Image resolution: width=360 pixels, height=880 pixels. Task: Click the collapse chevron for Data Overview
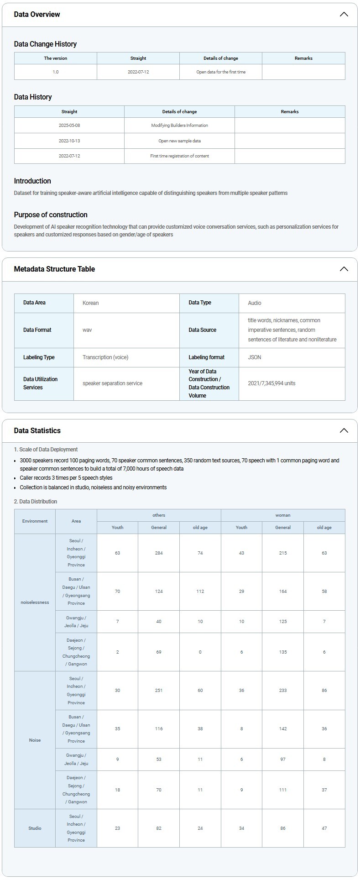point(344,14)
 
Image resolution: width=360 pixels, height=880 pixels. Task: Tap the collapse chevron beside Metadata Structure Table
point(344,269)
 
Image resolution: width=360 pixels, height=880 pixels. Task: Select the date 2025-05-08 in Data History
point(69,126)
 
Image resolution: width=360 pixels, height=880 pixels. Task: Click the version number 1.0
point(56,72)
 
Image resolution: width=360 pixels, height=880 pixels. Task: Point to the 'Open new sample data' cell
point(179,141)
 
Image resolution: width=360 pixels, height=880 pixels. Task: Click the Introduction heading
point(32,181)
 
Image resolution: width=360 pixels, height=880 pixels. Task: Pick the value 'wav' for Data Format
point(87,330)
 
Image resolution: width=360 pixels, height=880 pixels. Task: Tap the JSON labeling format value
point(255,357)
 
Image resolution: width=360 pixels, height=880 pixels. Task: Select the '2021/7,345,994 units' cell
point(271,383)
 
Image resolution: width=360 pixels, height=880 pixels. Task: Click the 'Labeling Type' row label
point(39,357)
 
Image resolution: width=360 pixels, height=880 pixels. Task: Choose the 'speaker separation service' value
point(112,383)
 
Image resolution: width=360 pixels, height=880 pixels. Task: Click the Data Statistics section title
point(37,430)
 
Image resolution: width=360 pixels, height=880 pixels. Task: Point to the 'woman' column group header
point(283,515)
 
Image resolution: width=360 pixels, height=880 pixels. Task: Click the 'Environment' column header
point(35,521)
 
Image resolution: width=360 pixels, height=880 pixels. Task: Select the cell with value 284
point(159,553)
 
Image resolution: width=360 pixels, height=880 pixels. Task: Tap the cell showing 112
point(200,592)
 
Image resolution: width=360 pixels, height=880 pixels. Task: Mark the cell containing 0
point(200,652)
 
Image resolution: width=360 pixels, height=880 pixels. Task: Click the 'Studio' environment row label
point(35,828)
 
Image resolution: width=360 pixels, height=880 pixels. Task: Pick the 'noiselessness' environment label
point(35,602)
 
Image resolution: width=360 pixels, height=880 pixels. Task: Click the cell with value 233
point(283,691)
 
